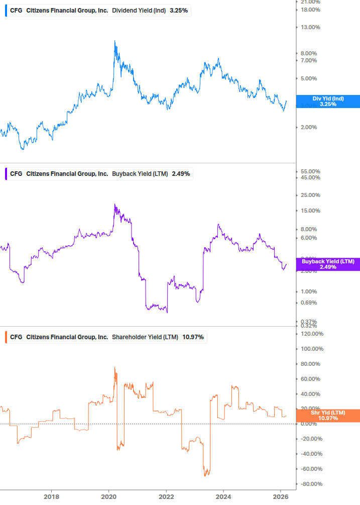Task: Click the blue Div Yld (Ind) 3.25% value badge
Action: pos(328,102)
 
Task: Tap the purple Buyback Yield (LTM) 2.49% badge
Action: pos(328,264)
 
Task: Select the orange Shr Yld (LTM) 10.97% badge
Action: pos(328,416)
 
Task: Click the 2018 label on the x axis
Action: pos(51,497)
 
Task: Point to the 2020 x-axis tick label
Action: pos(109,497)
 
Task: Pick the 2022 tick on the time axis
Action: pos(166,497)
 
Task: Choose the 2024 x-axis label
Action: pos(223,497)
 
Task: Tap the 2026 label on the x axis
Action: pos(281,497)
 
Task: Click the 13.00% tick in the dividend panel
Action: pos(310,28)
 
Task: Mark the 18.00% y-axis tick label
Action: pos(310,10)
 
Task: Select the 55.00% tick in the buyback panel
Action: pos(310,171)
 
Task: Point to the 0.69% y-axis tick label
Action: pos(309,302)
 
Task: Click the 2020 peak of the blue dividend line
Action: pos(115,41)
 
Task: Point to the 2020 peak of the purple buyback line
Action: pos(115,205)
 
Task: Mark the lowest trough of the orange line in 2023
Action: pos(205,475)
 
